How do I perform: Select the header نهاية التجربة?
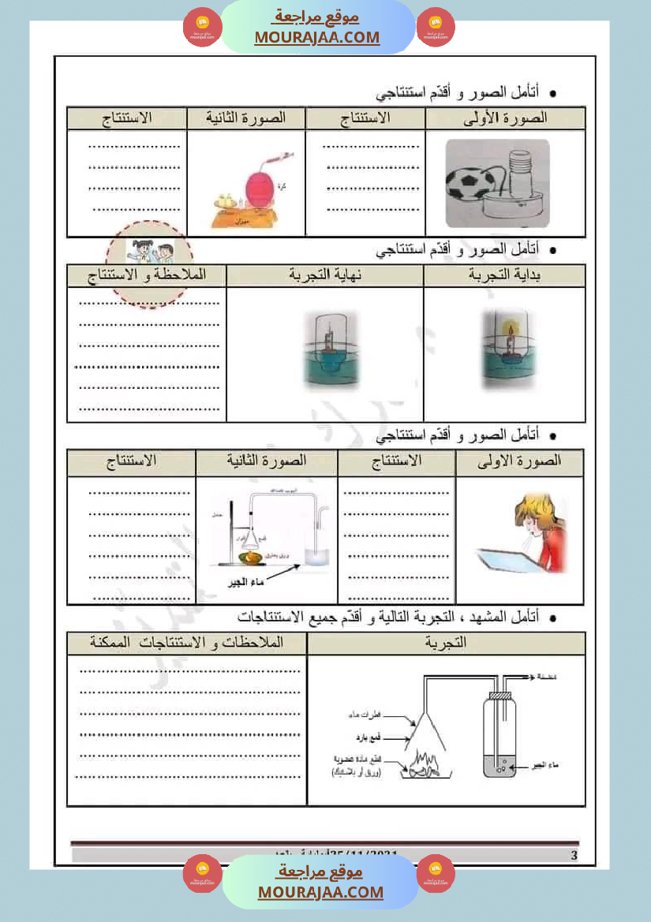pos(324,274)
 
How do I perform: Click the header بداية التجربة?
pos(504,274)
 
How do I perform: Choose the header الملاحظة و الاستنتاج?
pos(147,274)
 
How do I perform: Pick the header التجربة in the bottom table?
pos(445,643)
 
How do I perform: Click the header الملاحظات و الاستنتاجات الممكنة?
pos(187,643)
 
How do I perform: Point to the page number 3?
pos(574,856)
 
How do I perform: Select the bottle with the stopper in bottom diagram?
pos(499,732)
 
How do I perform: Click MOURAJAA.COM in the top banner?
pos(316,37)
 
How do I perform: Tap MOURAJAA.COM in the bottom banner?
pos(320,892)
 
